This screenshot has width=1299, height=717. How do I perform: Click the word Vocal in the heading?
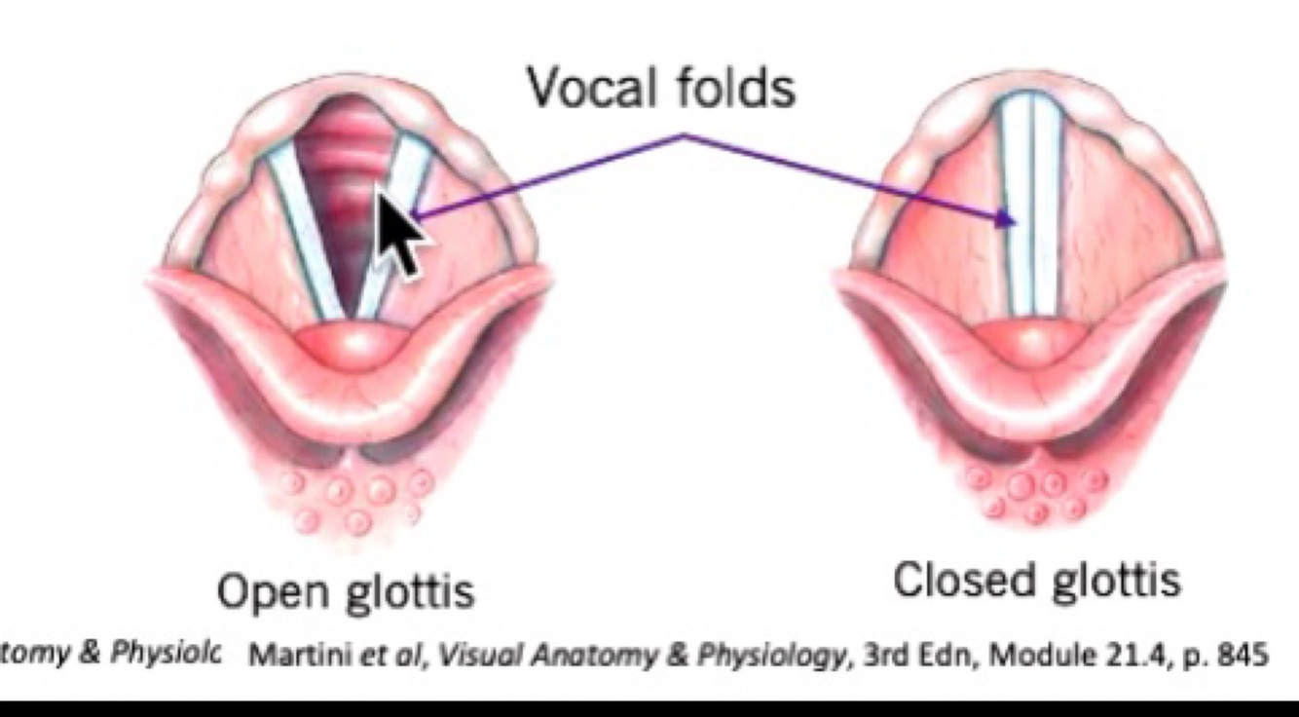[587, 89]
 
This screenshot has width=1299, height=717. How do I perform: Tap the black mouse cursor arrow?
[399, 232]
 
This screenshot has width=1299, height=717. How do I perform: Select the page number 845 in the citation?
[1244, 656]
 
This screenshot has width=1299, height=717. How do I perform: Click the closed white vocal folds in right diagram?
[1032, 205]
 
